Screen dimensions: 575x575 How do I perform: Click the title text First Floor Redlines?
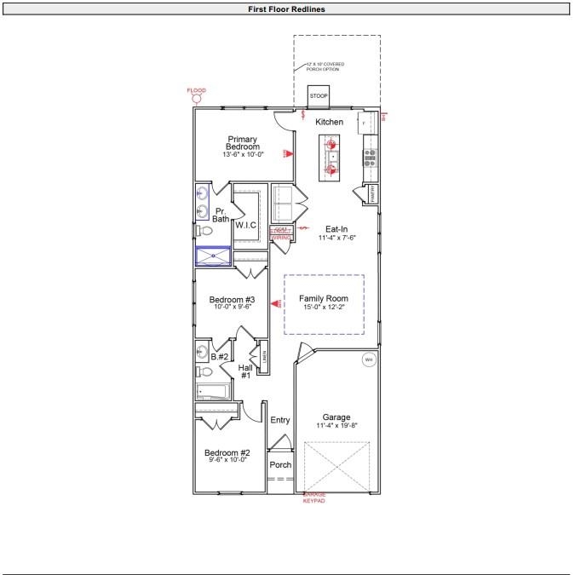pos(287,9)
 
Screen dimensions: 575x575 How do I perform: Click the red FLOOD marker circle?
pos(197,99)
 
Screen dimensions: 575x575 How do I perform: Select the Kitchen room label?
pos(330,122)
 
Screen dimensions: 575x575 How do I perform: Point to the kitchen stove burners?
pos(371,156)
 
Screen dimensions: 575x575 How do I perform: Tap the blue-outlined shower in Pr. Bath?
pos(213,256)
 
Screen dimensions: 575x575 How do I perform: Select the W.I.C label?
pos(246,225)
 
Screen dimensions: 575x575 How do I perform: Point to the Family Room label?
pos(324,298)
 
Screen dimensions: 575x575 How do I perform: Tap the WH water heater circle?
pos(369,359)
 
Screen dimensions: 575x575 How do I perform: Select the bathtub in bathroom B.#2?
pos(213,393)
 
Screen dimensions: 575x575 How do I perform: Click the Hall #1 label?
pos(245,371)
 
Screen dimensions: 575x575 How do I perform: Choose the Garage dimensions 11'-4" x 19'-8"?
pos(336,425)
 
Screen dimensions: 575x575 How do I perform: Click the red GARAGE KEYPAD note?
pos(314,497)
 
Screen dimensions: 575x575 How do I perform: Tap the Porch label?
pos(280,465)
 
